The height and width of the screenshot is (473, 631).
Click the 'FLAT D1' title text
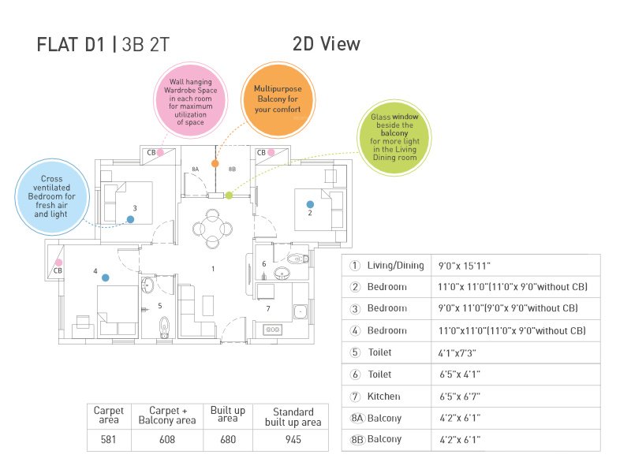(72, 45)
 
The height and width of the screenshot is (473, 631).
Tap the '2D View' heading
(326, 44)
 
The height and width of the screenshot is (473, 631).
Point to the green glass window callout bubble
(392, 137)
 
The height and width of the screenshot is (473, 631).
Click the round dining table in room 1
(212, 229)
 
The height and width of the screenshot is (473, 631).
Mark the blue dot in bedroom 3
(130, 219)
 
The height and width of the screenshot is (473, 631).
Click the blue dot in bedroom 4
(104, 277)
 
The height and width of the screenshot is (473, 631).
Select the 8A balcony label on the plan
(195, 169)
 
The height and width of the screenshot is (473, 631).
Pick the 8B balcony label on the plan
(232, 169)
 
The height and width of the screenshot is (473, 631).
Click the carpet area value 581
(109, 439)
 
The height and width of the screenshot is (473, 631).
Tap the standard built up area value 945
(293, 439)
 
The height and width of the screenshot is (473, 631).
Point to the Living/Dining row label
(395, 266)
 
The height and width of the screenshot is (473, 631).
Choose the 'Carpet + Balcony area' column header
(166, 416)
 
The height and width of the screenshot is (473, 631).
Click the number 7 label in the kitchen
(268, 308)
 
